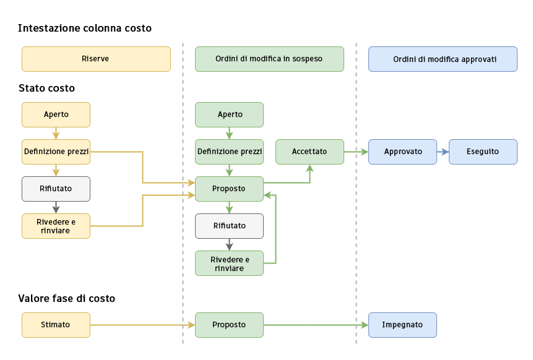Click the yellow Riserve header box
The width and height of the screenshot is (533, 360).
coord(96,59)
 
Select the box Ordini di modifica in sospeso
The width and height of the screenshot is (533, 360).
coord(269,59)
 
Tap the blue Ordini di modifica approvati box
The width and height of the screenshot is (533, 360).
coord(443,59)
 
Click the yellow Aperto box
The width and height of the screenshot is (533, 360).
coord(56,114)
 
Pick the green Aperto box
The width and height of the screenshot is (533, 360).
coord(229,114)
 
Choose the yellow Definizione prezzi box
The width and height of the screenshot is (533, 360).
coord(56,152)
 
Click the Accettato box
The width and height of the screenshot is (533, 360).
coord(310,152)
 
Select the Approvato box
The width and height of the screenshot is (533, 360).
coord(402,152)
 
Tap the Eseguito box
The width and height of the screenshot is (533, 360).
coord(483,152)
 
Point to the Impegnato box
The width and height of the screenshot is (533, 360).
coord(402,325)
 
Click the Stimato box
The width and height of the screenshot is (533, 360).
coord(56,325)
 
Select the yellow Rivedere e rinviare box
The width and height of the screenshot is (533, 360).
coord(56,226)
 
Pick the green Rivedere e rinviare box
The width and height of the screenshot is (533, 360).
coord(229,263)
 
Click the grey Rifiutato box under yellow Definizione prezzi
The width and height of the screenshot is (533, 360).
coord(56,189)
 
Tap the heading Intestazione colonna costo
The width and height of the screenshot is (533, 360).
coord(85,28)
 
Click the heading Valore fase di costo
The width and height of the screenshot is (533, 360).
coord(67,298)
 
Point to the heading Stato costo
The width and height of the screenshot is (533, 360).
coord(46,88)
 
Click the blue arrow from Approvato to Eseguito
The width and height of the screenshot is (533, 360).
coord(443,152)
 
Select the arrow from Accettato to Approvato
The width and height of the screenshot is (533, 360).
coord(356,152)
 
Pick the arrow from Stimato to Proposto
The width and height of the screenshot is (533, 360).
coord(142,325)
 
